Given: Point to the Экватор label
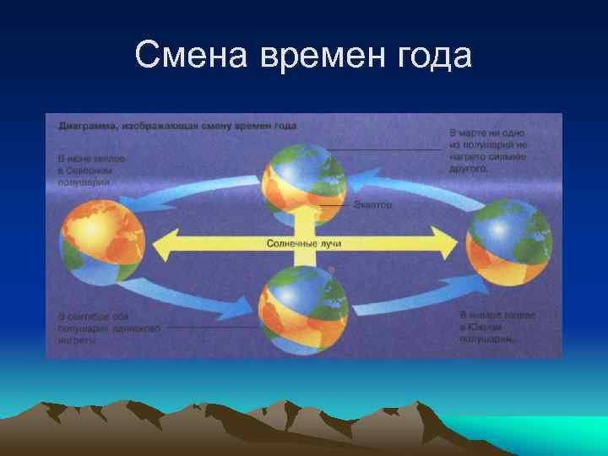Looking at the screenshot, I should (371, 204).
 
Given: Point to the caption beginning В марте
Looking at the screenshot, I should (488, 150).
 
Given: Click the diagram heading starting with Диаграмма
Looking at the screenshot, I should (177, 126).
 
